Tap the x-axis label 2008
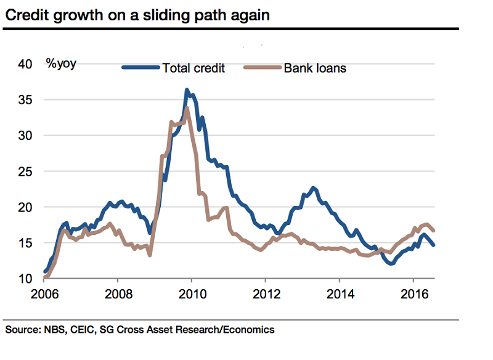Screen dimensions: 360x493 117,295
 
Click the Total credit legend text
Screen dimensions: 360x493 193,68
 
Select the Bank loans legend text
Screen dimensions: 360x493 314,68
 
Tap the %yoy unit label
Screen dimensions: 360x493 61,63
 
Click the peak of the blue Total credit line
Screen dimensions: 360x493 187,90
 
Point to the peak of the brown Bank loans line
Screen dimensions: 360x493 186,108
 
